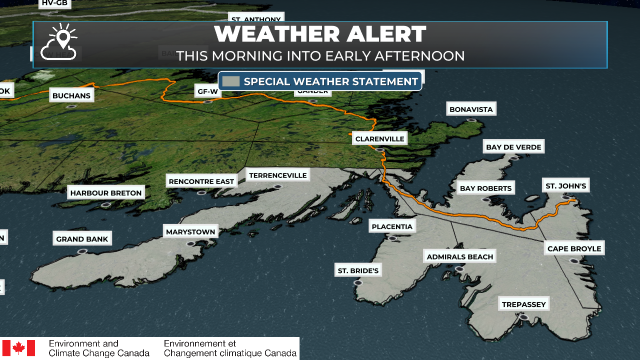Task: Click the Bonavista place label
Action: (x=471, y=109)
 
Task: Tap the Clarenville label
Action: (x=379, y=139)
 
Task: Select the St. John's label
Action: (x=565, y=186)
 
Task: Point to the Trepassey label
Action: (x=524, y=304)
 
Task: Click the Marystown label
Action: (x=190, y=232)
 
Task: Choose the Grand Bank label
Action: (x=82, y=239)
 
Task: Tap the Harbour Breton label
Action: (x=106, y=193)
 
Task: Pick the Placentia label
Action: (x=392, y=227)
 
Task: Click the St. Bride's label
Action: (x=358, y=271)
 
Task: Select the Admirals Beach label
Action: (x=460, y=257)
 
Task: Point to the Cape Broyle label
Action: (x=574, y=249)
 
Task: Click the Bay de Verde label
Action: (x=513, y=147)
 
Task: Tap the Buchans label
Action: (x=71, y=96)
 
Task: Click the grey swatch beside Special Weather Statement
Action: (x=231, y=81)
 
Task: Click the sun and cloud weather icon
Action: (x=59, y=42)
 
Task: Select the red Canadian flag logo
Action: (x=19, y=348)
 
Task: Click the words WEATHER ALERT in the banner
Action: (x=320, y=34)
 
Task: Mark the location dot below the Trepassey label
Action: (x=524, y=317)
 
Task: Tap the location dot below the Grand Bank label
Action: (x=82, y=251)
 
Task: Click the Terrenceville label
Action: (x=278, y=175)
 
